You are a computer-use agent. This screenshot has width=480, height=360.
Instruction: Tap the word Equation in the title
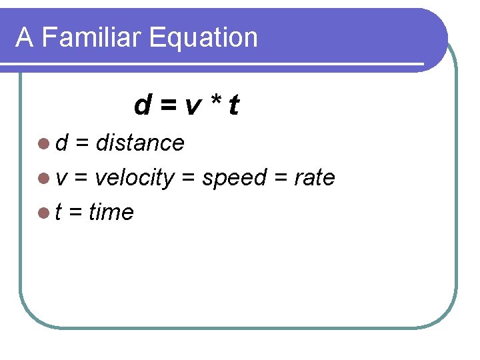[203, 38]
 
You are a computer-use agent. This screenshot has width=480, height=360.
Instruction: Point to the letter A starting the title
[25, 37]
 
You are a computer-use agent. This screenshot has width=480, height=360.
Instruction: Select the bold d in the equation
[142, 105]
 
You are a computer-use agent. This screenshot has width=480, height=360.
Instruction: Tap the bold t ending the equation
[233, 105]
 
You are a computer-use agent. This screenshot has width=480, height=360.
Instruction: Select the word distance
[140, 143]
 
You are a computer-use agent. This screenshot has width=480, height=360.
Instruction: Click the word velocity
[135, 178]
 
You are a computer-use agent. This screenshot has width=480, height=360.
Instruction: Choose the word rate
[315, 178]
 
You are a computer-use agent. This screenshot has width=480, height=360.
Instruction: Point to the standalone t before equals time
[59, 213]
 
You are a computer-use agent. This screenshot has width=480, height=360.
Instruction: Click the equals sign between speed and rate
[280, 179]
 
